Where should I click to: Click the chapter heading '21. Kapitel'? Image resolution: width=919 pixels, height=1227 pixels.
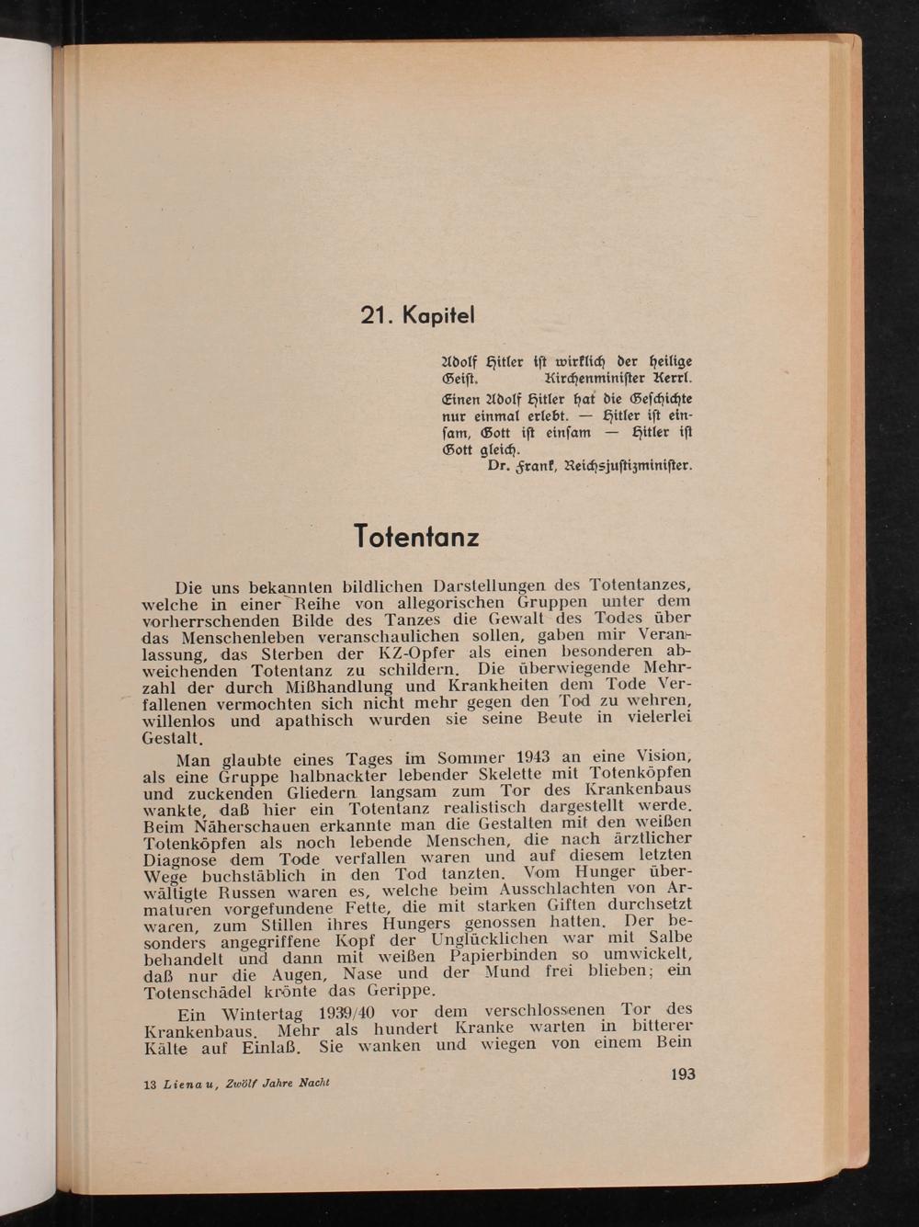[x=417, y=315]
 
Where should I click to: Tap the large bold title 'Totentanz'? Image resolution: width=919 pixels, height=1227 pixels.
[x=416, y=535]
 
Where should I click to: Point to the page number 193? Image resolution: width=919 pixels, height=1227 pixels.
[x=683, y=1074]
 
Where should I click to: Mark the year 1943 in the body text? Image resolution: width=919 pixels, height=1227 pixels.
[x=533, y=757]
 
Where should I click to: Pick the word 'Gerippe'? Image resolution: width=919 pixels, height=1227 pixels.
[x=399, y=991]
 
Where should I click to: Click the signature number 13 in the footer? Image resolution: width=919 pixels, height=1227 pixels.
[x=150, y=1085]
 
